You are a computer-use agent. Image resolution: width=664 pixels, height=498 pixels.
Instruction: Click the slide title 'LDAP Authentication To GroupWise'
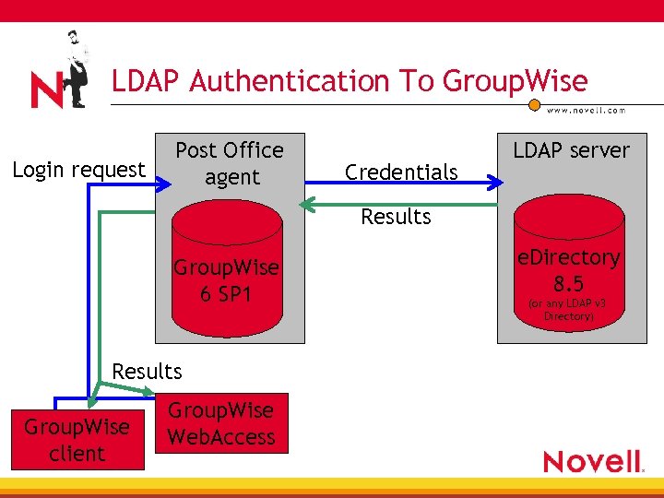350,81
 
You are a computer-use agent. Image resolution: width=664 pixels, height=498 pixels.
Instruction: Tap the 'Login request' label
78,170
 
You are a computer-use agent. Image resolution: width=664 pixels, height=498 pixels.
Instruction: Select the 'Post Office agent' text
230,163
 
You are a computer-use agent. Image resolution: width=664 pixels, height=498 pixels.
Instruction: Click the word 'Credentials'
400,172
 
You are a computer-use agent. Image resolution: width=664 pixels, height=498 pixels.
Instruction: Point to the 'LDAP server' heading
571,150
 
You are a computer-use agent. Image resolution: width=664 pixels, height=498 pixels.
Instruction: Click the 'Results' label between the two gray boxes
396,217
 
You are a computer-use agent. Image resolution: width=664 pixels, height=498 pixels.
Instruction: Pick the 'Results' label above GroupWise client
147,372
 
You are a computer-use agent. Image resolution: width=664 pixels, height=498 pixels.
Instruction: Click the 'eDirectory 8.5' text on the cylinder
568,267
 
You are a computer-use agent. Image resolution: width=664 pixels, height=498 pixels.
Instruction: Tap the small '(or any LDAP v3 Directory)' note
568,310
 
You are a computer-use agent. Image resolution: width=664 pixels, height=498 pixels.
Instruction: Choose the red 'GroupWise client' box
77,440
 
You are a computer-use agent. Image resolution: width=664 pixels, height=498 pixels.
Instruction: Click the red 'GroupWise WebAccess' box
221,423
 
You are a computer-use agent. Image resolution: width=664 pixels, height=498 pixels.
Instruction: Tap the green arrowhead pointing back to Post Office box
310,203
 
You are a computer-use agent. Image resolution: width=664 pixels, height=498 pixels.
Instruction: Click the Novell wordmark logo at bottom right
593,460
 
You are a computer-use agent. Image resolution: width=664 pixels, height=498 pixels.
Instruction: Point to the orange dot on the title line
534,104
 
